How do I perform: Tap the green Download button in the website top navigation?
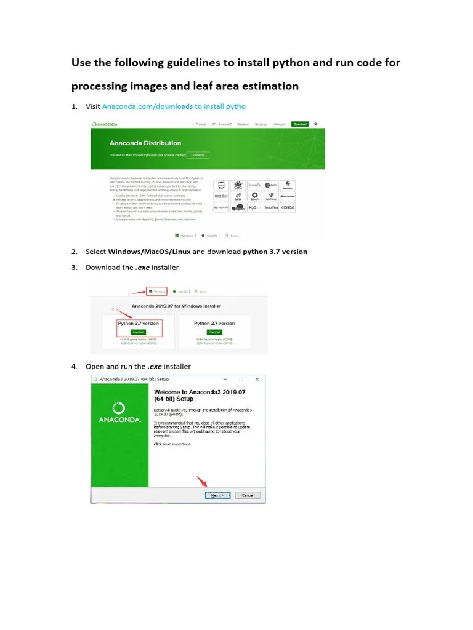point(299,124)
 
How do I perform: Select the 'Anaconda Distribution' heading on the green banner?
point(145,143)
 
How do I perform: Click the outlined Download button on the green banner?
point(198,155)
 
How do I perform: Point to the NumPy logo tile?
point(254,185)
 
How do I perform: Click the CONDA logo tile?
point(287,207)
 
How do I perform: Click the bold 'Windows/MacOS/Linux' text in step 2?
point(149,252)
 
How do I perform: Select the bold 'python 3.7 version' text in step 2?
point(275,252)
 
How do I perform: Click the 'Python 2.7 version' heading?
point(214,323)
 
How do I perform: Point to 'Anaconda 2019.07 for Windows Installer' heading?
point(176,306)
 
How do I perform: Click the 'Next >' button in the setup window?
point(217,495)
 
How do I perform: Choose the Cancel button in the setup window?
point(247,495)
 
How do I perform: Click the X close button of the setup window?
point(258,380)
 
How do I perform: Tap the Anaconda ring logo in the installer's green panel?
point(119,408)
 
